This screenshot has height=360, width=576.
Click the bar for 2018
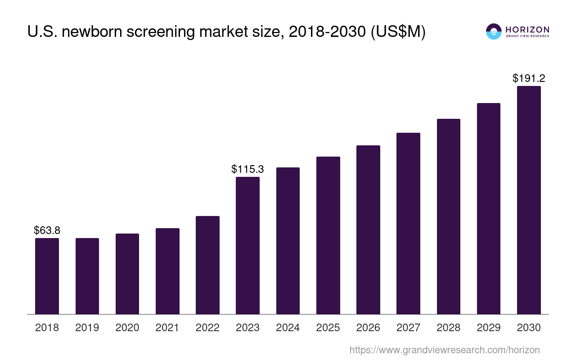[x=47, y=276]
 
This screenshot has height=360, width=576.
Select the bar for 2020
[x=127, y=274]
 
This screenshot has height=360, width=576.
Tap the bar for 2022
[x=207, y=265]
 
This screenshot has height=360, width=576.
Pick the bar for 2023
[x=247, y=245]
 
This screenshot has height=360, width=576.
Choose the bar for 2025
[x=328, y=235]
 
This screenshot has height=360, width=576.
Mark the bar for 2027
[x=408, y=223]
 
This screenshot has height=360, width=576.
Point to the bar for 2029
[x=489, y=208]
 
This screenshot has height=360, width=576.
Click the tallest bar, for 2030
[x=529, y=200]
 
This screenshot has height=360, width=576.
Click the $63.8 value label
[x=47, y=230]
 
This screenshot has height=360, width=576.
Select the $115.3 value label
[x=247, y=169]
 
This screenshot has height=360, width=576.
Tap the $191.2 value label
[x=529, y=78]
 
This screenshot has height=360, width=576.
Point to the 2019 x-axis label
[x=87, y=328]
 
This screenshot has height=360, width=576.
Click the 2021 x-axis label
[x=167, y=328]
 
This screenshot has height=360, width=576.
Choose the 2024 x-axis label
[x=288, y=328]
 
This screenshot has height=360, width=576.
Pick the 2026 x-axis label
[x=368, y=328]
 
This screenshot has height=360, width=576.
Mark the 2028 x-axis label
[x=449, y=328]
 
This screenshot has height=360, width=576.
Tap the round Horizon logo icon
[x=494, y=31]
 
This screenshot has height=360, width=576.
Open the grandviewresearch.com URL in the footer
[x=444, y=350]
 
